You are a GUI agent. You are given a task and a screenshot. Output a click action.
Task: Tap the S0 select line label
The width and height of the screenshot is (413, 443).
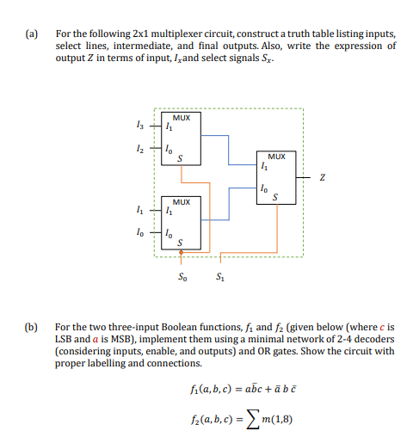[181, 277]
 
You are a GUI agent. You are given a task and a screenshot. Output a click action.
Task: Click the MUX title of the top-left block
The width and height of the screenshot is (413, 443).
[182, 116]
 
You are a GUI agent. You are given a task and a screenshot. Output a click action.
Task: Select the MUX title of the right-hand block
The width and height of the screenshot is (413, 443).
[276, 157]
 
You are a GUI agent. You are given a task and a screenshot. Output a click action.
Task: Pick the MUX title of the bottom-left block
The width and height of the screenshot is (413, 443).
[182, 199]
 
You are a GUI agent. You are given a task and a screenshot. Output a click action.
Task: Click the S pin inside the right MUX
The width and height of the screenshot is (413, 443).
[274, 199]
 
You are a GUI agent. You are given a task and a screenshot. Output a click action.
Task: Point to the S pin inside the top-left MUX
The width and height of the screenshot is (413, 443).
[180, 158]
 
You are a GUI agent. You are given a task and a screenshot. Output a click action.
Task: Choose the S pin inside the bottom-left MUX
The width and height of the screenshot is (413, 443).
[180, 243]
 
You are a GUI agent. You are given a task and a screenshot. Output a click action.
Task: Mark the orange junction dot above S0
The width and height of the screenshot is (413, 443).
[181, 253]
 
